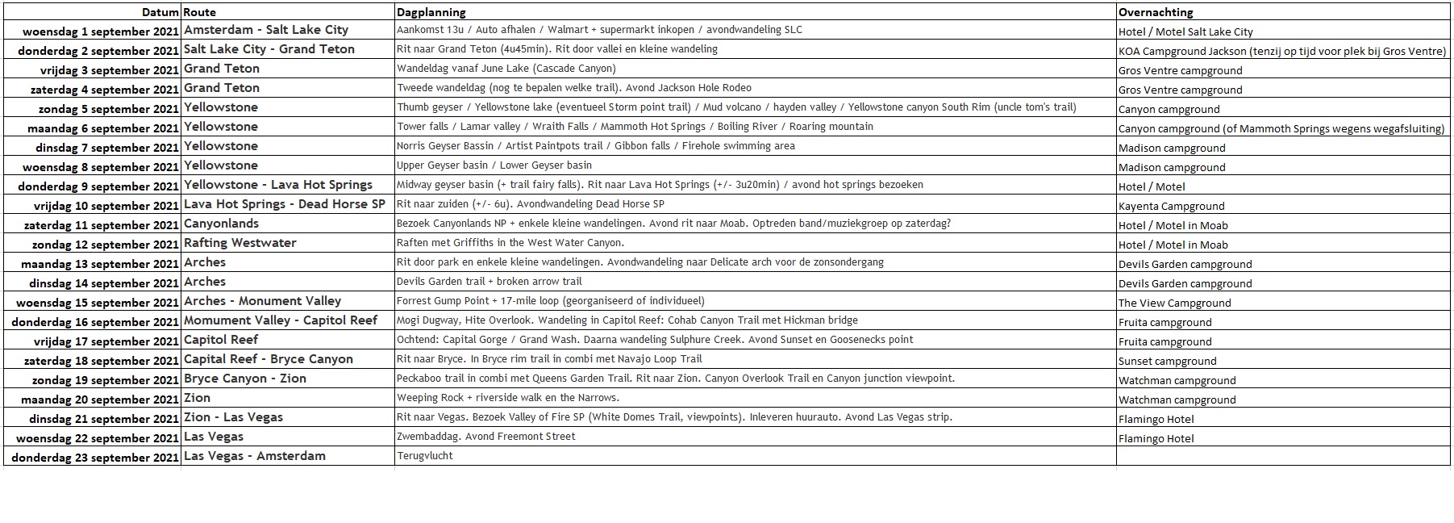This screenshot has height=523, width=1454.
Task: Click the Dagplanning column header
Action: tap(431, 12)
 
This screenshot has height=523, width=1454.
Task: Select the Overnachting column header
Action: tap(1156, 12)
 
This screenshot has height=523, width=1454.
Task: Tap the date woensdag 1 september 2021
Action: tap(100, 31)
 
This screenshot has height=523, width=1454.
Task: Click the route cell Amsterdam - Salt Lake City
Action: tap(266, 30)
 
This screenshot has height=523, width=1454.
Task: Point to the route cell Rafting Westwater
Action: tap(240, 243)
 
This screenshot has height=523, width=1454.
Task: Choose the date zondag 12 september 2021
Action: tap(105, 245)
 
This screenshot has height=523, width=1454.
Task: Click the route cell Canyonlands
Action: tap(221, 224)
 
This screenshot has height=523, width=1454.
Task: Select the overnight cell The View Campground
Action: tap(1174, 303)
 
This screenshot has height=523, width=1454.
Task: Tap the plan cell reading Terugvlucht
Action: tap(425, 456)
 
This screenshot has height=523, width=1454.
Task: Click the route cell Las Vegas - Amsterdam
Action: tap(255, 456)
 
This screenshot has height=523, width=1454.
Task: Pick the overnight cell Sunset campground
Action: tap(1167, 361)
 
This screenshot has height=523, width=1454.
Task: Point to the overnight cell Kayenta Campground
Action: tap(1171, 206)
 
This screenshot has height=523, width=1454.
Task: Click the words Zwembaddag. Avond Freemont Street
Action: tap(486, 437)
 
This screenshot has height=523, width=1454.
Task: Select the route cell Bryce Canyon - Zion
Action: tap(245, 379)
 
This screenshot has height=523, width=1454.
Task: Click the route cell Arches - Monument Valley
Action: tap(262, 301)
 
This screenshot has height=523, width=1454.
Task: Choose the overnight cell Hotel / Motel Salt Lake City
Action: tap(1185, 31)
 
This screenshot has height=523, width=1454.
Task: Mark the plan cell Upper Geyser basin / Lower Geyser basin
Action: tap(494, 165)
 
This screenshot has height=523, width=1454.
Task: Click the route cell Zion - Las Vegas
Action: tap(233, 417)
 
